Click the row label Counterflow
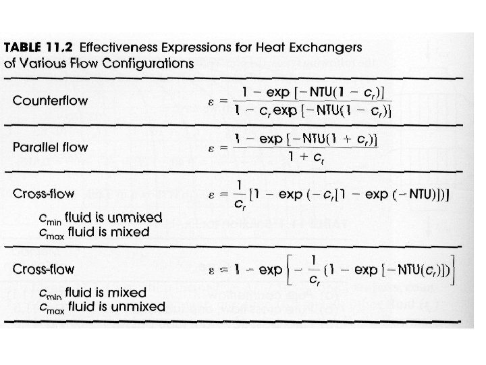point(50,101)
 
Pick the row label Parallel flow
point(51,147)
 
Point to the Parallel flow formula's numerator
point(304,139)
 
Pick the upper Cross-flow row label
point(43,194)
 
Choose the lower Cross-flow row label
point(43,268)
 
